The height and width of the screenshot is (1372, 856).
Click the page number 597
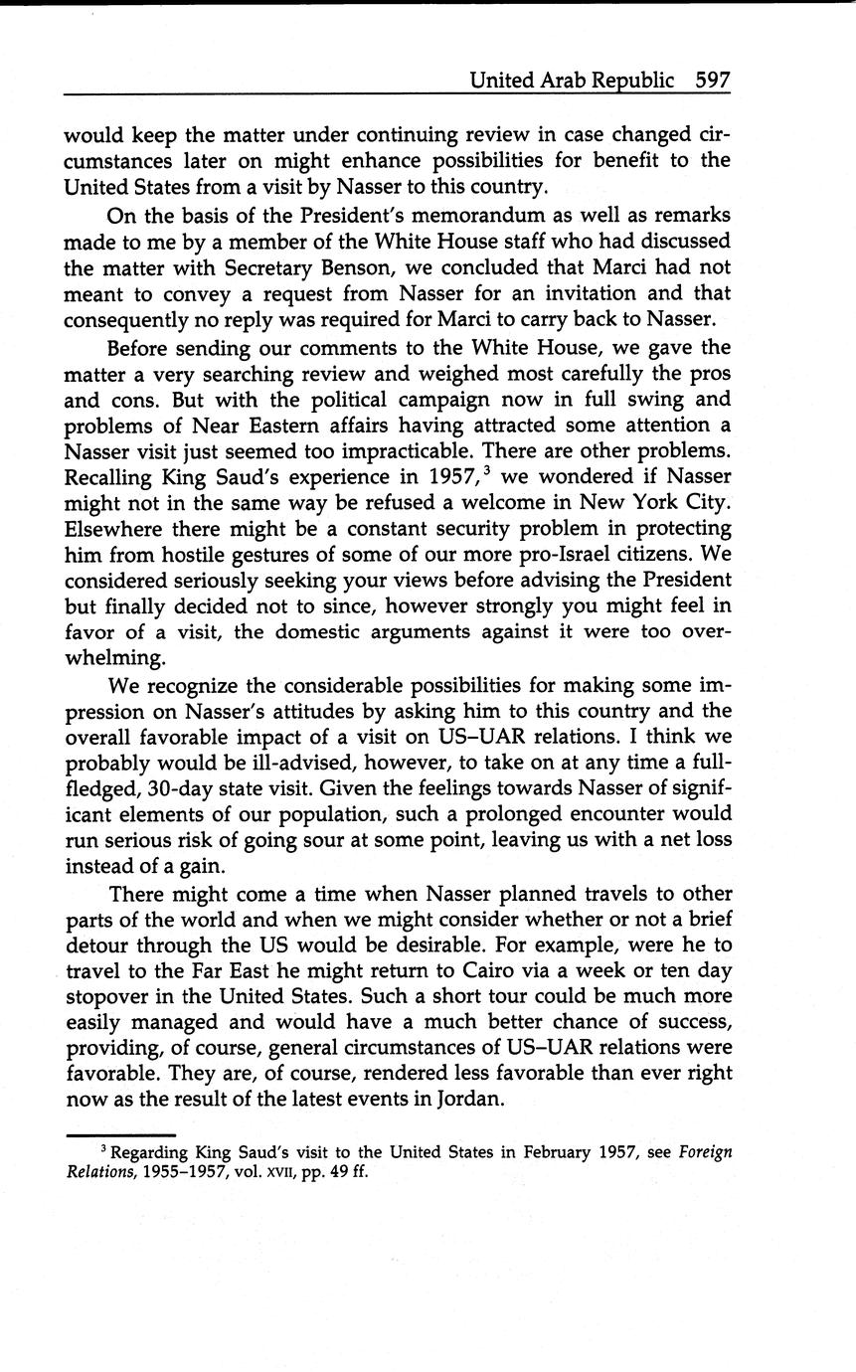point(713,80)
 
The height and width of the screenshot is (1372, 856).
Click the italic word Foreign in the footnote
point(705,1153)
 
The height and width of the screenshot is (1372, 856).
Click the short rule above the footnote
point(120,1134)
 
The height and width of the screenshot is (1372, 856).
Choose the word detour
point(97,943)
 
